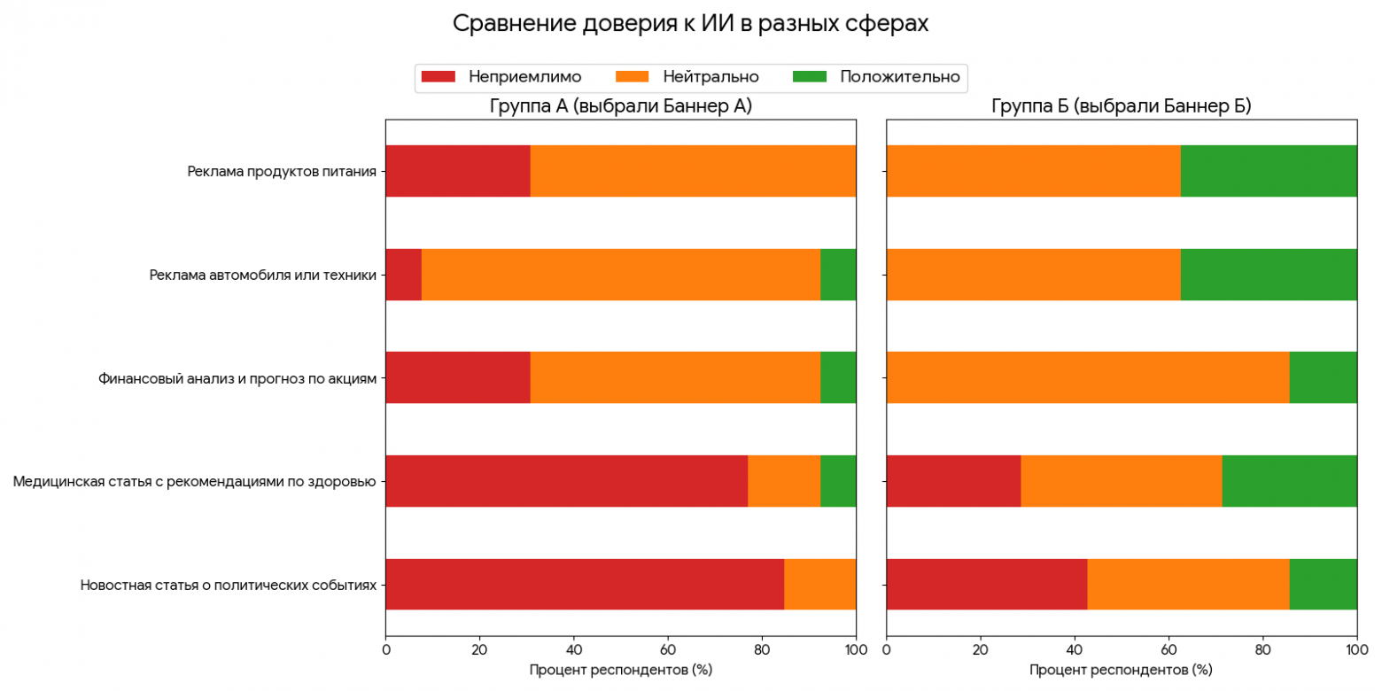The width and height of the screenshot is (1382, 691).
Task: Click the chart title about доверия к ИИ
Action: [690, 24]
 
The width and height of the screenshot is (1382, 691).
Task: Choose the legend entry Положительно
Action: [899, 77]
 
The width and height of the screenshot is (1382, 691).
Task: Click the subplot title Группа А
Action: [620, 107]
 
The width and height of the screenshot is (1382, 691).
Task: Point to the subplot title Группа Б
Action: [1121, 107]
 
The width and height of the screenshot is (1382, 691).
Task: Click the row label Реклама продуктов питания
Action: [282, 171]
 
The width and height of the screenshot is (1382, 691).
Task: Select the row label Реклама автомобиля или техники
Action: [264, 275]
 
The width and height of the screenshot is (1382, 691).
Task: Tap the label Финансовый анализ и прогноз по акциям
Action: [237, 378]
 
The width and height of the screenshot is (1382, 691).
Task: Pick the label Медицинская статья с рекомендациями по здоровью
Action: [195, 482]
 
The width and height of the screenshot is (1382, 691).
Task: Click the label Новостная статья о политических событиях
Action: [229, 586]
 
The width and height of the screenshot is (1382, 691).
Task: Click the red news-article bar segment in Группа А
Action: [585, 585]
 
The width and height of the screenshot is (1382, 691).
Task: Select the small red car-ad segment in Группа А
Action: [403, 275]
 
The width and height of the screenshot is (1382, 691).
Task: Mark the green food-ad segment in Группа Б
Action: [1269, 171]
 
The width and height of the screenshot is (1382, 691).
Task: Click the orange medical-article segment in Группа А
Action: [784, 481]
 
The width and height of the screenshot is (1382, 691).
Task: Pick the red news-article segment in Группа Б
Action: [986, 585]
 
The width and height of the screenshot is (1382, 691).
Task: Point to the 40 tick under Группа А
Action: [573, 649]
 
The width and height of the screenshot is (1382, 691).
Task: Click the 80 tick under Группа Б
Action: [1262, 649]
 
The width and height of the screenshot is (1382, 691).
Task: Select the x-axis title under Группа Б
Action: [1121, 670]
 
